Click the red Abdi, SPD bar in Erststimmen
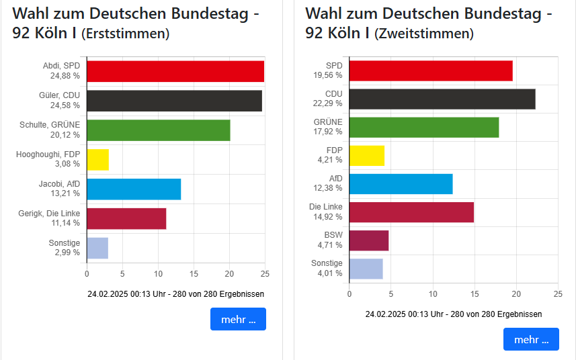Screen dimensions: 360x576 pos(175,71)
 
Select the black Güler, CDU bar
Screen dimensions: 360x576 pos(174,101)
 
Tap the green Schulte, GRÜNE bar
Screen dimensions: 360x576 pos(158,130)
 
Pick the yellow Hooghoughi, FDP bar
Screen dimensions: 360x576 pos(97,160)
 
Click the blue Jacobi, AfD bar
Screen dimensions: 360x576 pos(134,189)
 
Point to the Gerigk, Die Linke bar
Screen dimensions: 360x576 pos(126,219)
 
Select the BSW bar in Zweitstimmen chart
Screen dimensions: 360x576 pos(369,240)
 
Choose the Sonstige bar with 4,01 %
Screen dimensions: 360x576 pos(366,269)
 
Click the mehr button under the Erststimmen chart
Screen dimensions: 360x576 pos(238,319)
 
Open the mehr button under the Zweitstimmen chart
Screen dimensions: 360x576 pos(530,339)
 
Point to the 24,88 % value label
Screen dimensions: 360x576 pos(65,77)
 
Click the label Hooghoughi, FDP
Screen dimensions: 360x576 pos(48,154)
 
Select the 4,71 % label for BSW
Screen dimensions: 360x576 pos(329,245)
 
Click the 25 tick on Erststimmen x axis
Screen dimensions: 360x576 pos(265,274)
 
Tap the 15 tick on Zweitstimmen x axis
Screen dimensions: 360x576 pos(475,294)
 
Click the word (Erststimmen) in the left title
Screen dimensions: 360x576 pos(125,34)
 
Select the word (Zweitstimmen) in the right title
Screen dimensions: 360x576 pos(423,34)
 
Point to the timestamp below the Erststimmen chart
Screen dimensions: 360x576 pos(175,294)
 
